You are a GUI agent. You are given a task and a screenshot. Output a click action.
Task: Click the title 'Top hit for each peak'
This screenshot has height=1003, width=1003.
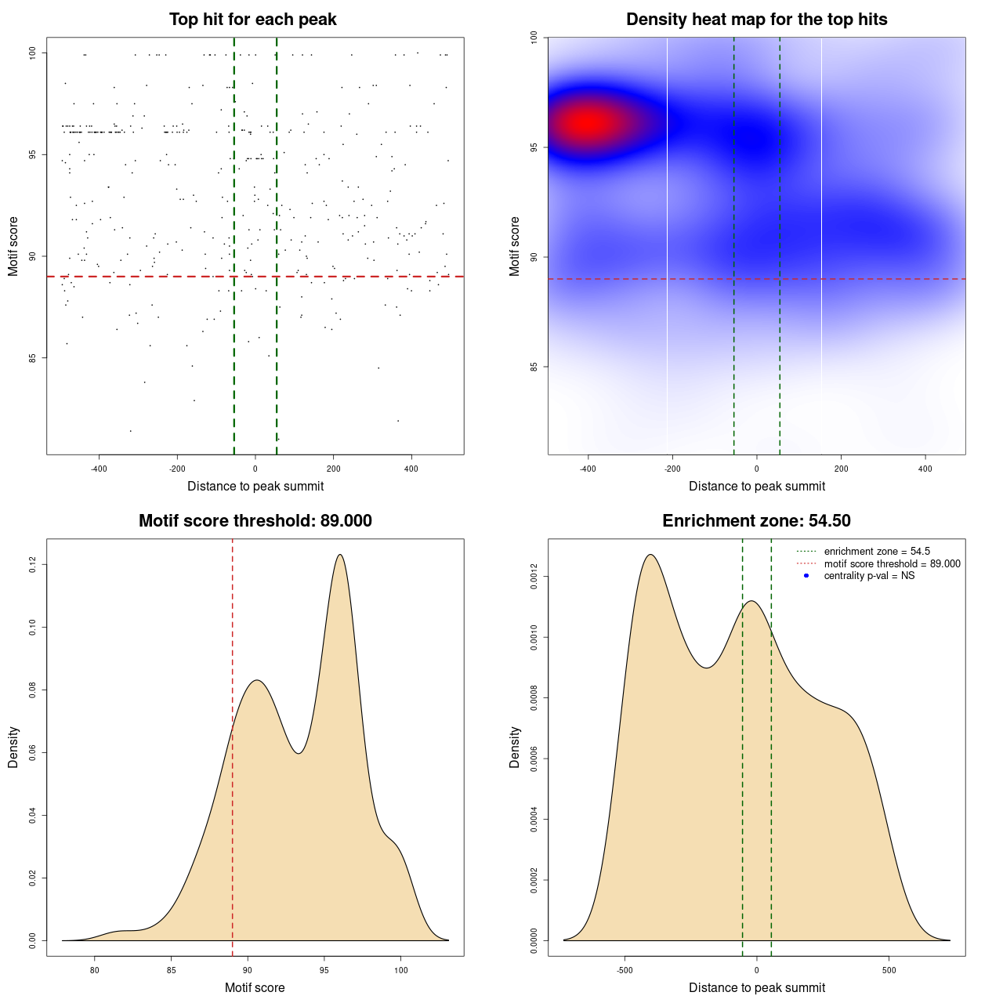tap(252, 20)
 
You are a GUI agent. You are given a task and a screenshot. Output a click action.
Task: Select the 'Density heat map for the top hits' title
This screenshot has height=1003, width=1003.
tap(756, 20)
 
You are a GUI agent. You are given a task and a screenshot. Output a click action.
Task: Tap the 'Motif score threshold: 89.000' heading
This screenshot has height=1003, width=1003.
tap(255, 521)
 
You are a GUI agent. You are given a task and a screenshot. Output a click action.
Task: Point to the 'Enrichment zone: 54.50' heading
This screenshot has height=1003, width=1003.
tap(756, 521)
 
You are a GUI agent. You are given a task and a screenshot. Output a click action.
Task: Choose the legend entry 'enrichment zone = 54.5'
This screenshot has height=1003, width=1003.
tap(877, 552)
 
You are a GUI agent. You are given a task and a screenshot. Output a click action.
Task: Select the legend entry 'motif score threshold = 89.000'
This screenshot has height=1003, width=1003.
tap(892, 563)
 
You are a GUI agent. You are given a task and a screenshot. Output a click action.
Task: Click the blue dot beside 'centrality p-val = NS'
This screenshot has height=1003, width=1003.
tap(806, 576)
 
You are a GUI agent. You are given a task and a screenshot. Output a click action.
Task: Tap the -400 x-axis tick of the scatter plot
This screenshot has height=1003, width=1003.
tap(99, 469)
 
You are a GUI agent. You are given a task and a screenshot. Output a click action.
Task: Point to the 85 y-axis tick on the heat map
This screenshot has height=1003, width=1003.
tap(534, 367)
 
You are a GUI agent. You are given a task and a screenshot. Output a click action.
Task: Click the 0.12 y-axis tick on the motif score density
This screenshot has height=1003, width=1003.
tap(32, 564)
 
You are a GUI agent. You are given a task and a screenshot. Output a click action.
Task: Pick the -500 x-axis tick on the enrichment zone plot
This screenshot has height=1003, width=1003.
tap(625, 970)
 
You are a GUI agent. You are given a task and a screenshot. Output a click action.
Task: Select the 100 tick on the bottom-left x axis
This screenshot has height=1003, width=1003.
tap(400, 970)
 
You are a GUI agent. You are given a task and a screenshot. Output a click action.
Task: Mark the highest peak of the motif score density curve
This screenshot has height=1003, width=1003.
tap(340, 555)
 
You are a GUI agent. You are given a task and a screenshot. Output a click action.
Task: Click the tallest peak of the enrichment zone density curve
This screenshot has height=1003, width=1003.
tap(650, 555)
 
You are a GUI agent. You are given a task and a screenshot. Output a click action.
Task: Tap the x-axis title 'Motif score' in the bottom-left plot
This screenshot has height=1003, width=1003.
tap(255, 987)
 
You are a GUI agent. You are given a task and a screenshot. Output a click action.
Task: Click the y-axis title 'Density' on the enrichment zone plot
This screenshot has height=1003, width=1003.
tap(515, 747)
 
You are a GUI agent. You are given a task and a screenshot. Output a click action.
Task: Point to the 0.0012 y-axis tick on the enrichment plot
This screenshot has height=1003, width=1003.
tap(534, 577)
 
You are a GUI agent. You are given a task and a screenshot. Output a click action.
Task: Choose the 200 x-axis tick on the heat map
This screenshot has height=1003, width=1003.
tap(841, 469)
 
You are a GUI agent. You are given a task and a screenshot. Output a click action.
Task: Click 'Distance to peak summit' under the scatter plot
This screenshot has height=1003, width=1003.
tap(255, 486)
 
